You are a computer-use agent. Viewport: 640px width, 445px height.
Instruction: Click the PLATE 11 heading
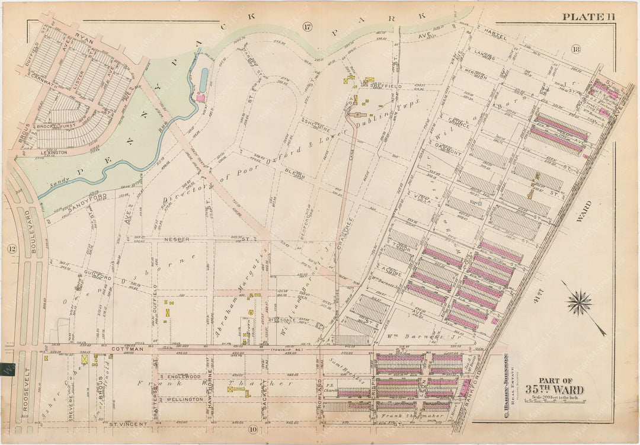[588, 17]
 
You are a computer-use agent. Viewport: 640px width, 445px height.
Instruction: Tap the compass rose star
[579, 303]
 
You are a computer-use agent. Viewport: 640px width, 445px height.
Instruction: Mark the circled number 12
[12, 249]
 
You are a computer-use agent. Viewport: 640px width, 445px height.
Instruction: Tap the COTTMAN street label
[125, 350]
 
